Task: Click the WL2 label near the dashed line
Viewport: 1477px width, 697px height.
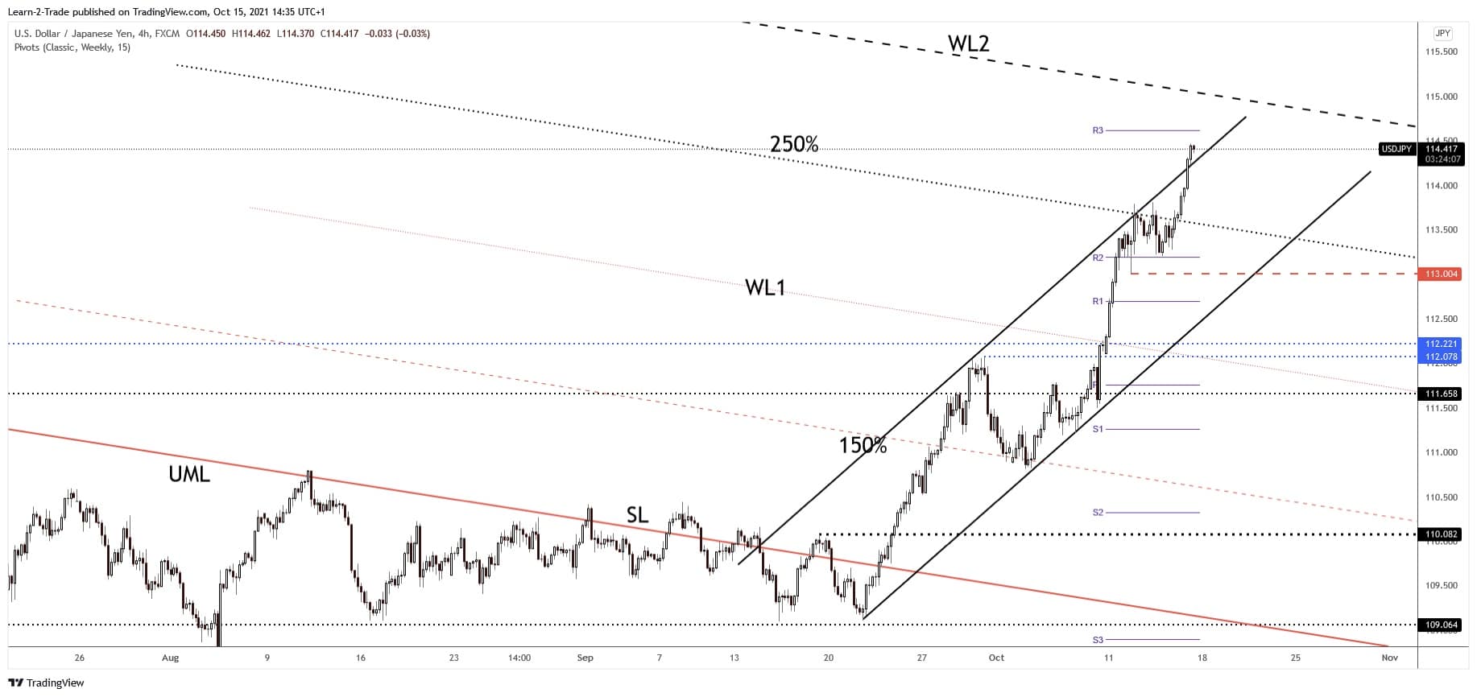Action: [968, 43]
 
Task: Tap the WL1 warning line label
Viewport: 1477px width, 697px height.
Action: [764, 287]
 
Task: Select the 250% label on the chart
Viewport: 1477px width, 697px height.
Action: [794, 144]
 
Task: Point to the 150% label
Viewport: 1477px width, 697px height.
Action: [863, 445]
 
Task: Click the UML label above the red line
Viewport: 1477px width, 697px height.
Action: [189, 475]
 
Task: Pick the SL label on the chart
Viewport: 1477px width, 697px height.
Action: [637, 515]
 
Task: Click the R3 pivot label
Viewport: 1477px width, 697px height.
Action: [1098, 130]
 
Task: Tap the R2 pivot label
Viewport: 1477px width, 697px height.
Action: [1098, 258]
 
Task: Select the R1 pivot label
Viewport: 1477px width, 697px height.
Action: [1098, 301]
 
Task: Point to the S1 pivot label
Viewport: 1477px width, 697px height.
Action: [1098, 429]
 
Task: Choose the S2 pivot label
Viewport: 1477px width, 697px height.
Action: [1098, 513]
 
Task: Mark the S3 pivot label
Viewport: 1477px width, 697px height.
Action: [1098, 640]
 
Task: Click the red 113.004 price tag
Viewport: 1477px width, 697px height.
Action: [1442, 274]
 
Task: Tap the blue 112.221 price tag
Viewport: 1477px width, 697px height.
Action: [1442, 344]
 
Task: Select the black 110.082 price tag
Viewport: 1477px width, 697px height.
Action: [1442, 534]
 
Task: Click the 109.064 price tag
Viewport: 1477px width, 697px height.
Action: [1442, 625]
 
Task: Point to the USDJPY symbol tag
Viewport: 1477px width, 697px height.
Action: [1396, 149]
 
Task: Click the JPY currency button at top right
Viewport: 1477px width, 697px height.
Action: [1442, 33]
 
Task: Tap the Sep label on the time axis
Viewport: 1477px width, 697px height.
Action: [585, 658]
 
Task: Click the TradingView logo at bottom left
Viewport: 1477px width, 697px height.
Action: [47, 683]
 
